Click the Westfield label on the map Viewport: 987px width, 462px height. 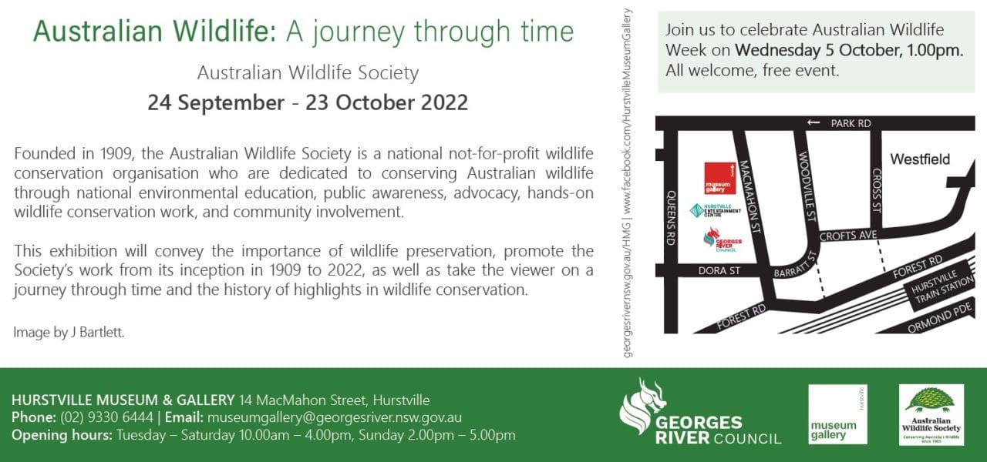point(920,159)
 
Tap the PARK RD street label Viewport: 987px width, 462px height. point(851,123)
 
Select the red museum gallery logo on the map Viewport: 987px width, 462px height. point(719,178)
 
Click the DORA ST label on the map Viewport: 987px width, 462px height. point(718,271)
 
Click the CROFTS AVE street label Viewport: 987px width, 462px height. point(848,236)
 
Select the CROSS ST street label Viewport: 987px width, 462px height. point(876,189)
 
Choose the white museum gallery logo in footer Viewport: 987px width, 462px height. point(837,414)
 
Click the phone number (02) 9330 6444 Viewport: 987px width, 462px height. point(104,417)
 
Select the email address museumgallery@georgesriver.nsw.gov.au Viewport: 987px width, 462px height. point(333,417)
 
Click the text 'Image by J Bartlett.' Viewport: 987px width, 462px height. point(69,333)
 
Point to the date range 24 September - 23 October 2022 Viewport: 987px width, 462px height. point(308,102)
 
